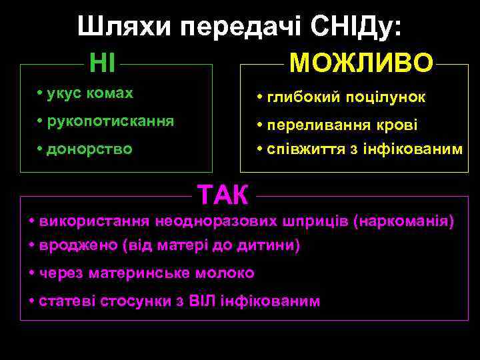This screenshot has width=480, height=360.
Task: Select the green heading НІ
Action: tap(103, 63)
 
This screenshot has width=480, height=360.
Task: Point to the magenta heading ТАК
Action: tap(223, 195)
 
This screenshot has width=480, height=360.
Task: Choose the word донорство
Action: tap(90, 149)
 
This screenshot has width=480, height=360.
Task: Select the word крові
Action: tap(399, 125)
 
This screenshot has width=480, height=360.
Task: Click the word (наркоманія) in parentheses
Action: tap(406, 221)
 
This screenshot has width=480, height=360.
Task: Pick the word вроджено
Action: tap(79, 245)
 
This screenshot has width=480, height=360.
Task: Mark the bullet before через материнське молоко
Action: tap(33, 273)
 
